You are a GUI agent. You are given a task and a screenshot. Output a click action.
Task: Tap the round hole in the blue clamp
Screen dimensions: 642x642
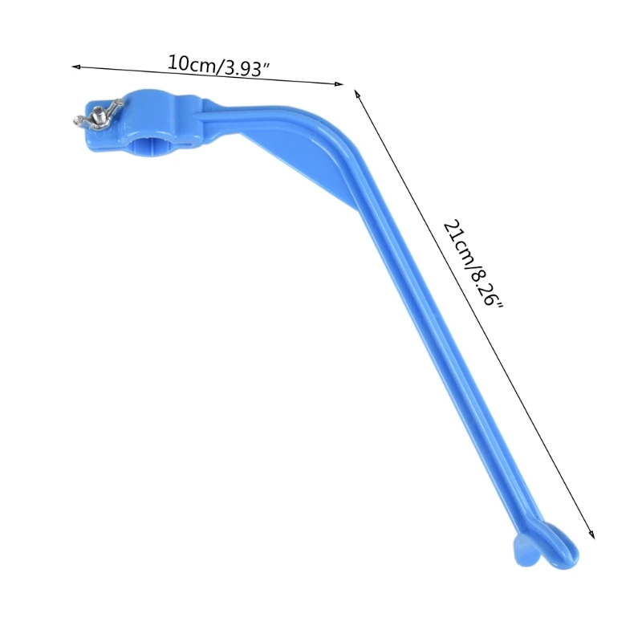coord(156,144)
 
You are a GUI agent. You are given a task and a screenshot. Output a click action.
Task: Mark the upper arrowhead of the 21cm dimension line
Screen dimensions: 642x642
coord(358,94)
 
